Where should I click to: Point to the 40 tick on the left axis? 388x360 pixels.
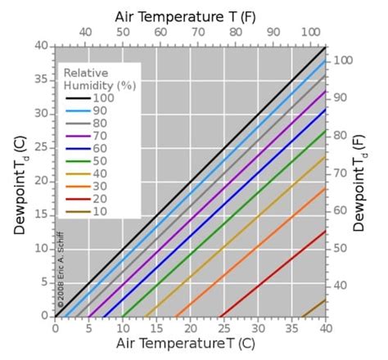[42, 45]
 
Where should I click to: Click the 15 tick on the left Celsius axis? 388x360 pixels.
[42, 214]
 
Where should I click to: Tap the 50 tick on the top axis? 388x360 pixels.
[123, 32]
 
